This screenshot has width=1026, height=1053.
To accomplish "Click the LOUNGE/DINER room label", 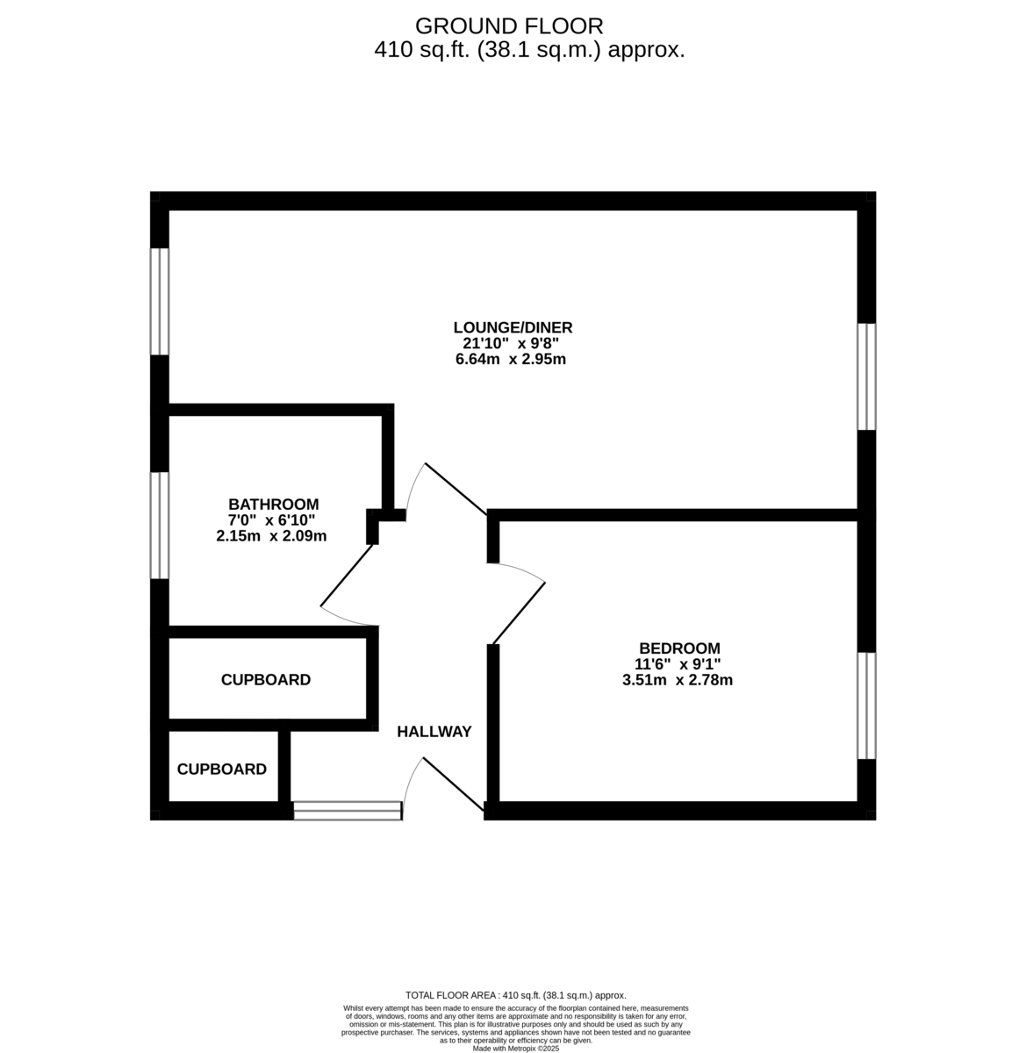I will pos(513,327).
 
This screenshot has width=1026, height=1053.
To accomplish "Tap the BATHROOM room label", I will pos(273,505).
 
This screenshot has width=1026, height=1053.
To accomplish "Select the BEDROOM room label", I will pos(679,648).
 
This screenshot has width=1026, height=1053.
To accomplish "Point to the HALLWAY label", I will pos(434,732).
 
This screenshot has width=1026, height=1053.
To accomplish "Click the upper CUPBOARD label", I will pos(266,680).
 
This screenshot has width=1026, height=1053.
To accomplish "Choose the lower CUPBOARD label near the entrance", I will pos(222,770).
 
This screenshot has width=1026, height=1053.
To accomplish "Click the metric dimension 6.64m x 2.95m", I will pos(511,359).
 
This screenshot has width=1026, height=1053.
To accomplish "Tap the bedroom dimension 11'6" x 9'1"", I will pos(679,664).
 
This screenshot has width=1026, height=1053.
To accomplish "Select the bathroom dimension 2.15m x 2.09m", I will pos(271,535).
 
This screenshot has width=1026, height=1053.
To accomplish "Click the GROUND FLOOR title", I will pos(509,25).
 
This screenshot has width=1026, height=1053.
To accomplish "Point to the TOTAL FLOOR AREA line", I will pos(516,995).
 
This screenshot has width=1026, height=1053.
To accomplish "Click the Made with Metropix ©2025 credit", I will pos(516,1048).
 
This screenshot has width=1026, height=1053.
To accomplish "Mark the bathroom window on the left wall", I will pos(159,526).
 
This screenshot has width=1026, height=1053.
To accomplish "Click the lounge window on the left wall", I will pos(159,301).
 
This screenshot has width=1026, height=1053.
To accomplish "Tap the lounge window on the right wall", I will pos(866,376).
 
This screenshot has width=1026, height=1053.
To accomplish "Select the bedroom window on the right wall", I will pos(866,705).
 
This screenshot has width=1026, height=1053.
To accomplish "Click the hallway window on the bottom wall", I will pos(348,811).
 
